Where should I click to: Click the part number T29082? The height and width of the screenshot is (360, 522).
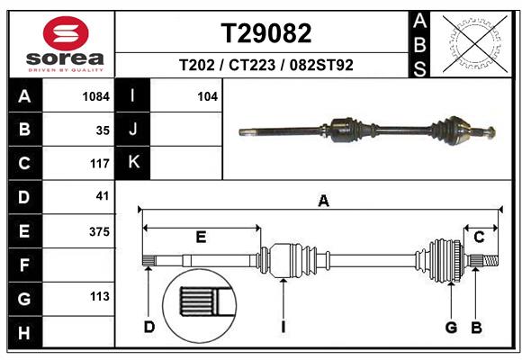pos(266,33)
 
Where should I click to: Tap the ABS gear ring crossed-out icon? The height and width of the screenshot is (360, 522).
pos(472,42)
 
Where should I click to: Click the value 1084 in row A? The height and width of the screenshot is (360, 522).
pos(95,95)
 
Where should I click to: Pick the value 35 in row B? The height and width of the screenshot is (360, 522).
pos(102,130)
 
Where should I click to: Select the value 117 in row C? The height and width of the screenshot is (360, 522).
pos(99,164)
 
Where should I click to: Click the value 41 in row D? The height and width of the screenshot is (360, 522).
pos(102,196)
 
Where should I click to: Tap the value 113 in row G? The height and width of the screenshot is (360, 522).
pos(99,296)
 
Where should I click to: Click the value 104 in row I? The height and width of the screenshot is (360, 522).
pos(208,95)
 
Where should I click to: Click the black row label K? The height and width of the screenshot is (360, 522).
pos(134,163)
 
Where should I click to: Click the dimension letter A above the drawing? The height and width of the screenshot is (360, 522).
pos(323,202)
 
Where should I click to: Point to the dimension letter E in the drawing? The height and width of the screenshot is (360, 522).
pos(201,238)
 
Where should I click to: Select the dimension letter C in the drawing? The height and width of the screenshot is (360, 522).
pos(480,238)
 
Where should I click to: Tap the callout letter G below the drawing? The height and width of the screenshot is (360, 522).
pos(452,327)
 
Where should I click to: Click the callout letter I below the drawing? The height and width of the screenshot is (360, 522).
pos(283,327)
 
